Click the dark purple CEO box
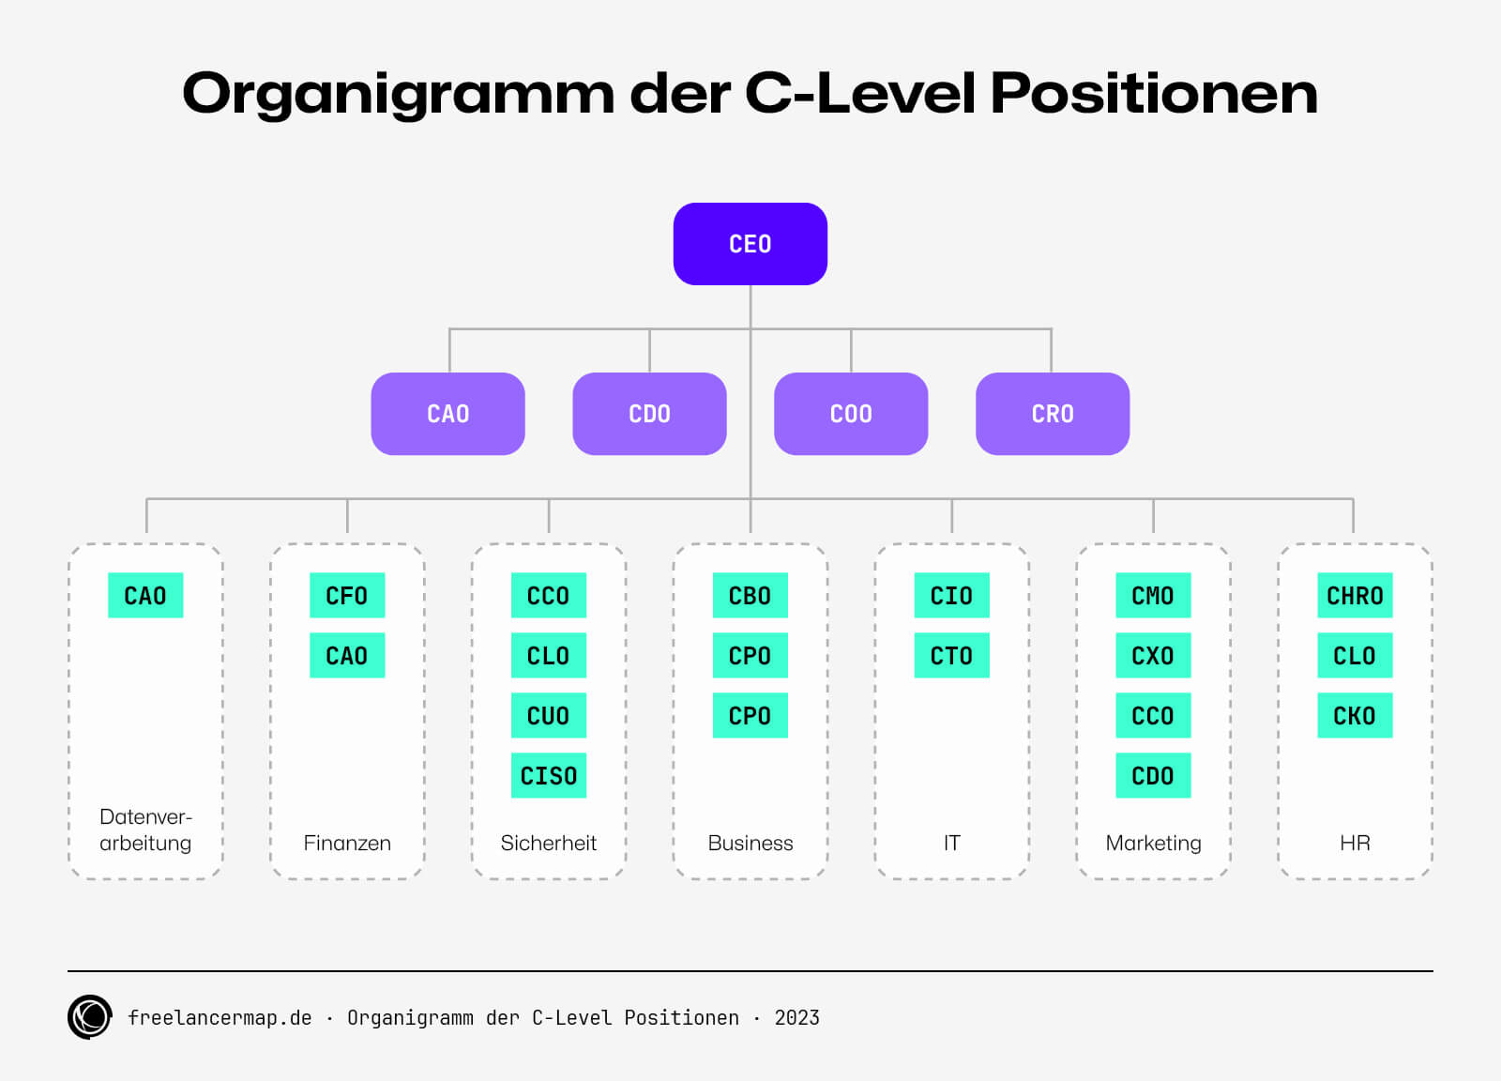tap(750, 244)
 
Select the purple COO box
tap(851, 414)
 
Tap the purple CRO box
tap(1052, 414)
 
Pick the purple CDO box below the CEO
tap(649, 414)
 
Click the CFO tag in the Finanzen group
tap(347, 596)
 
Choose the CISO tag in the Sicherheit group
tap(549, 776)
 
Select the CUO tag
tap(549, 716)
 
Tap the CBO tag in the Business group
tap(750, 596)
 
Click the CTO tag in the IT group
tap(951, 656)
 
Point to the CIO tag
tap(951, 596)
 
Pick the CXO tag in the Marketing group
tap(1153, 656)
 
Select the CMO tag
tap(1153, 596)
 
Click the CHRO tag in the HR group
tap(1355, 596)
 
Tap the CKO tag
tap(1355, 716)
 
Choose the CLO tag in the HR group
tap(1355, 656)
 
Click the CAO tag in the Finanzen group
tap(347, 656)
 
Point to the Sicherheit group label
tap(549, 843)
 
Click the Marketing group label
tap(1153, 843)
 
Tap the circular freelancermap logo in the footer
tap(90, 1017)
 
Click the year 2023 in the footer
tap(796, 1018)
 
